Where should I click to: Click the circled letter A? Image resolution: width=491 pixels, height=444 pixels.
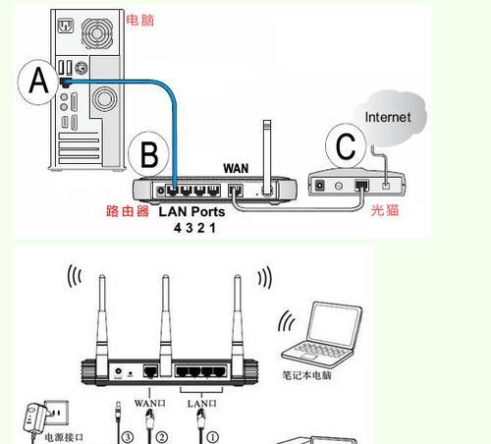(38, 81)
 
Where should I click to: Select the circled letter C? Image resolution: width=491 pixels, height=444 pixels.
(345, 146)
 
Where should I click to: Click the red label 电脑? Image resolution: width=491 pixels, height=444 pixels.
(140, 19)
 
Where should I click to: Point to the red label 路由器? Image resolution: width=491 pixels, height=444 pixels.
(128, 210)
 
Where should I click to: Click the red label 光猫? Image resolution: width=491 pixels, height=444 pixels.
(385, 210)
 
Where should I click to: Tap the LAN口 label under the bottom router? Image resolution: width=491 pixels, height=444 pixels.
(201, 402)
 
